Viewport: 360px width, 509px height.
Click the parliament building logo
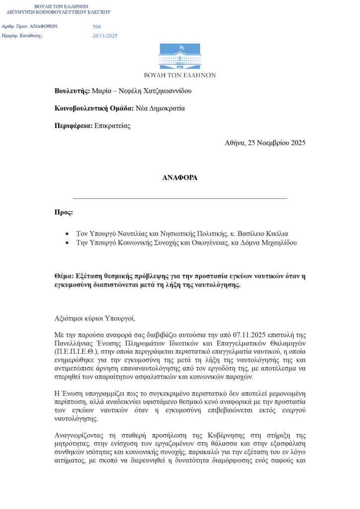click(180, 57)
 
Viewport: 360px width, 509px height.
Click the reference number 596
click(96, 26)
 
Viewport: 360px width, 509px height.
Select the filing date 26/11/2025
click(105, 36)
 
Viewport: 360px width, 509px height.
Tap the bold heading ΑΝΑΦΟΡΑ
click(180, 177)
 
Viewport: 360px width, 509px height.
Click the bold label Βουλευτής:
click(72, 91)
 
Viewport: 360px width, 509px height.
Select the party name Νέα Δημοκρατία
click(160, 108)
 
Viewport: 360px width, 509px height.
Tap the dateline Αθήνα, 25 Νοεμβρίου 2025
click(265, 143)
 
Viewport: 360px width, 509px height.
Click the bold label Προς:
click(64, 212)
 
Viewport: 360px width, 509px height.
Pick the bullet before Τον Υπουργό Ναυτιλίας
click(67, 234)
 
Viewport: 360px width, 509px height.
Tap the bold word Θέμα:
click(66, 276)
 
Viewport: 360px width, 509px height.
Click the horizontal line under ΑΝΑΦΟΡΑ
click(180, 198)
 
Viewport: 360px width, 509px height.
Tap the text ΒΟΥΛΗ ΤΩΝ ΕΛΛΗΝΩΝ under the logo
click(180, 75)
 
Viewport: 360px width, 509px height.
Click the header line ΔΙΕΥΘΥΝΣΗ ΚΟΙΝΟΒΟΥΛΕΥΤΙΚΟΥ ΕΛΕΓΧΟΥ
click(59, 12)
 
